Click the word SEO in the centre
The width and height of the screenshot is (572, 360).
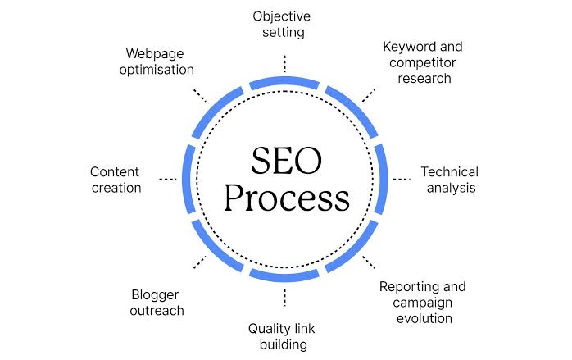pyautogui.click(x=286, y=161)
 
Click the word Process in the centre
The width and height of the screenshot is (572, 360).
pyautogui.click(x=287, y=198)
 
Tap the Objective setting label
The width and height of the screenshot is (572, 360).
pyautogui.click(x=282, y=24)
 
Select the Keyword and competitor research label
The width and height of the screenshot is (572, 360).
pyautogui.click(x=423, y=62)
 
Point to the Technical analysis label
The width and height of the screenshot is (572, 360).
pyautogui.click(x=450, y=180)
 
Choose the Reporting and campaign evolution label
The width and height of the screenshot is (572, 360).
pyautogui.click(x=423, y=303)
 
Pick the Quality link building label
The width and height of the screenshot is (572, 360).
pyautogui.click(x=282, y=336)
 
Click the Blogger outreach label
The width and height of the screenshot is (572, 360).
pyautogui.click(x=157, y=303)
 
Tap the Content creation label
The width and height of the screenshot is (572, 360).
pyautogui.click(x=116, y=180)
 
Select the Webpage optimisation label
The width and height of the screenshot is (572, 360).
pyautogui.click(x=157, y=62)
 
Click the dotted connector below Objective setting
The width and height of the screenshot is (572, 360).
pyautogui.click(x=284, y=63)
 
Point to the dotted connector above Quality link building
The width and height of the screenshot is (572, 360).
pyautogui.click(x=284, y=297)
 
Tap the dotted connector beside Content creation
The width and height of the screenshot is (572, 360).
pyautogui.click(x=168, y=179)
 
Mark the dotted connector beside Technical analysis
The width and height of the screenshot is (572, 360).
pyautogui.click(x=402, y=179)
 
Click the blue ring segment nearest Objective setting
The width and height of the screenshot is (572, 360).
pyautogui.click(x=284, y=82)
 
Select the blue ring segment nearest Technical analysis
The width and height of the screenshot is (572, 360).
pyautogui.click(x=382, y=179)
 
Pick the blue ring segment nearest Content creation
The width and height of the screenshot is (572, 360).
pyautogui.click(x=188, y=179)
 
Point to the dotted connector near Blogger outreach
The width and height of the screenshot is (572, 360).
pyautogui.click(x=200, y=262)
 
